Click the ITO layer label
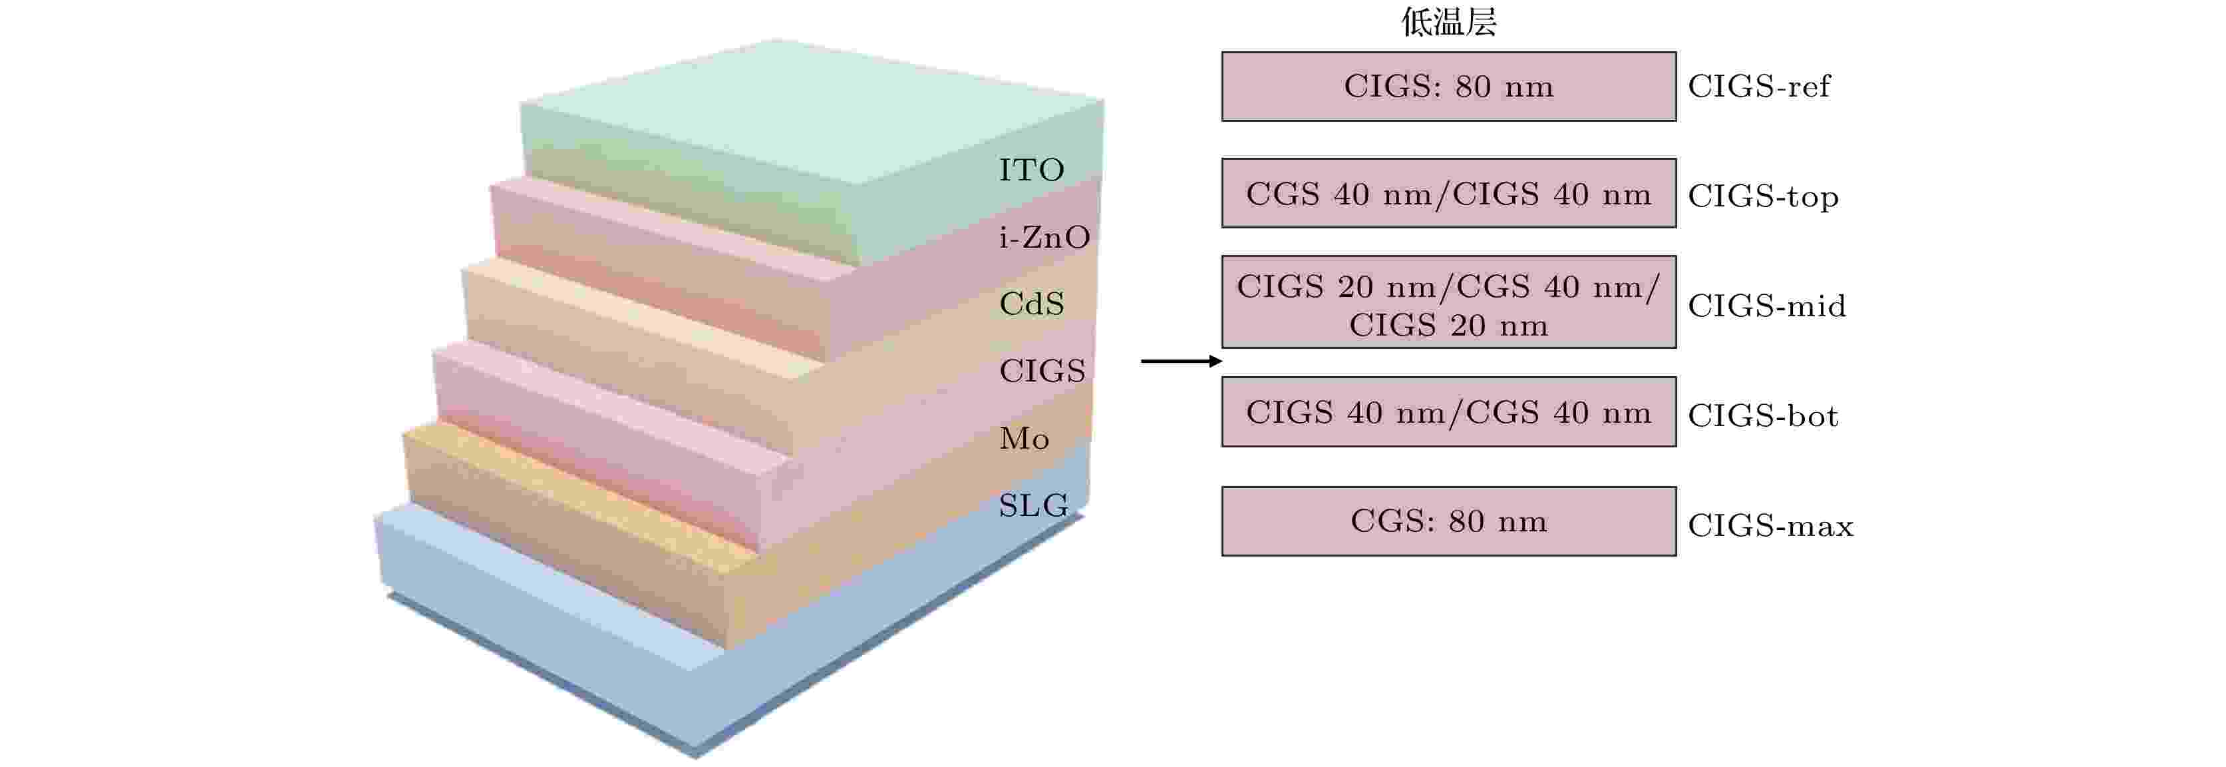[x=1031, y=170]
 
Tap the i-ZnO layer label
[x=1044, y=237]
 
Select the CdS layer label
[x=1031, y=304]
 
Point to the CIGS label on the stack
[x=1041, y=371]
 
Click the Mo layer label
[x=1024, y=438]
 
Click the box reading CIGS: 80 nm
[x=1448, y=87]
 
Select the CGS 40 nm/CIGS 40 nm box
[x=1448, y=193]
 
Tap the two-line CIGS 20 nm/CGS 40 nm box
[x=1448, y=302]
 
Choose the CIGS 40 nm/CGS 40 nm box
[x=1448, y=411]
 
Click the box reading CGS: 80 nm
[x=1448, y=521]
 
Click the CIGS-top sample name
[x=1763, y=196]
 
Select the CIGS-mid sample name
[x=1766, y=305]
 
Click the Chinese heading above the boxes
[x=1448, y=21]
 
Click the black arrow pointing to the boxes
[x=1182, y=361]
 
